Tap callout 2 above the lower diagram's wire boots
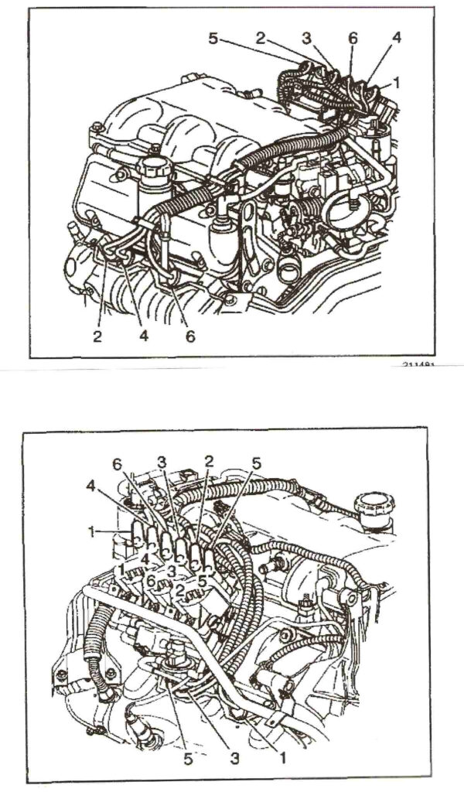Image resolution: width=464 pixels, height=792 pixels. pos(209,461)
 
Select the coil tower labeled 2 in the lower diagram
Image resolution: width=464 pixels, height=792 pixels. pos(180,591)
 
